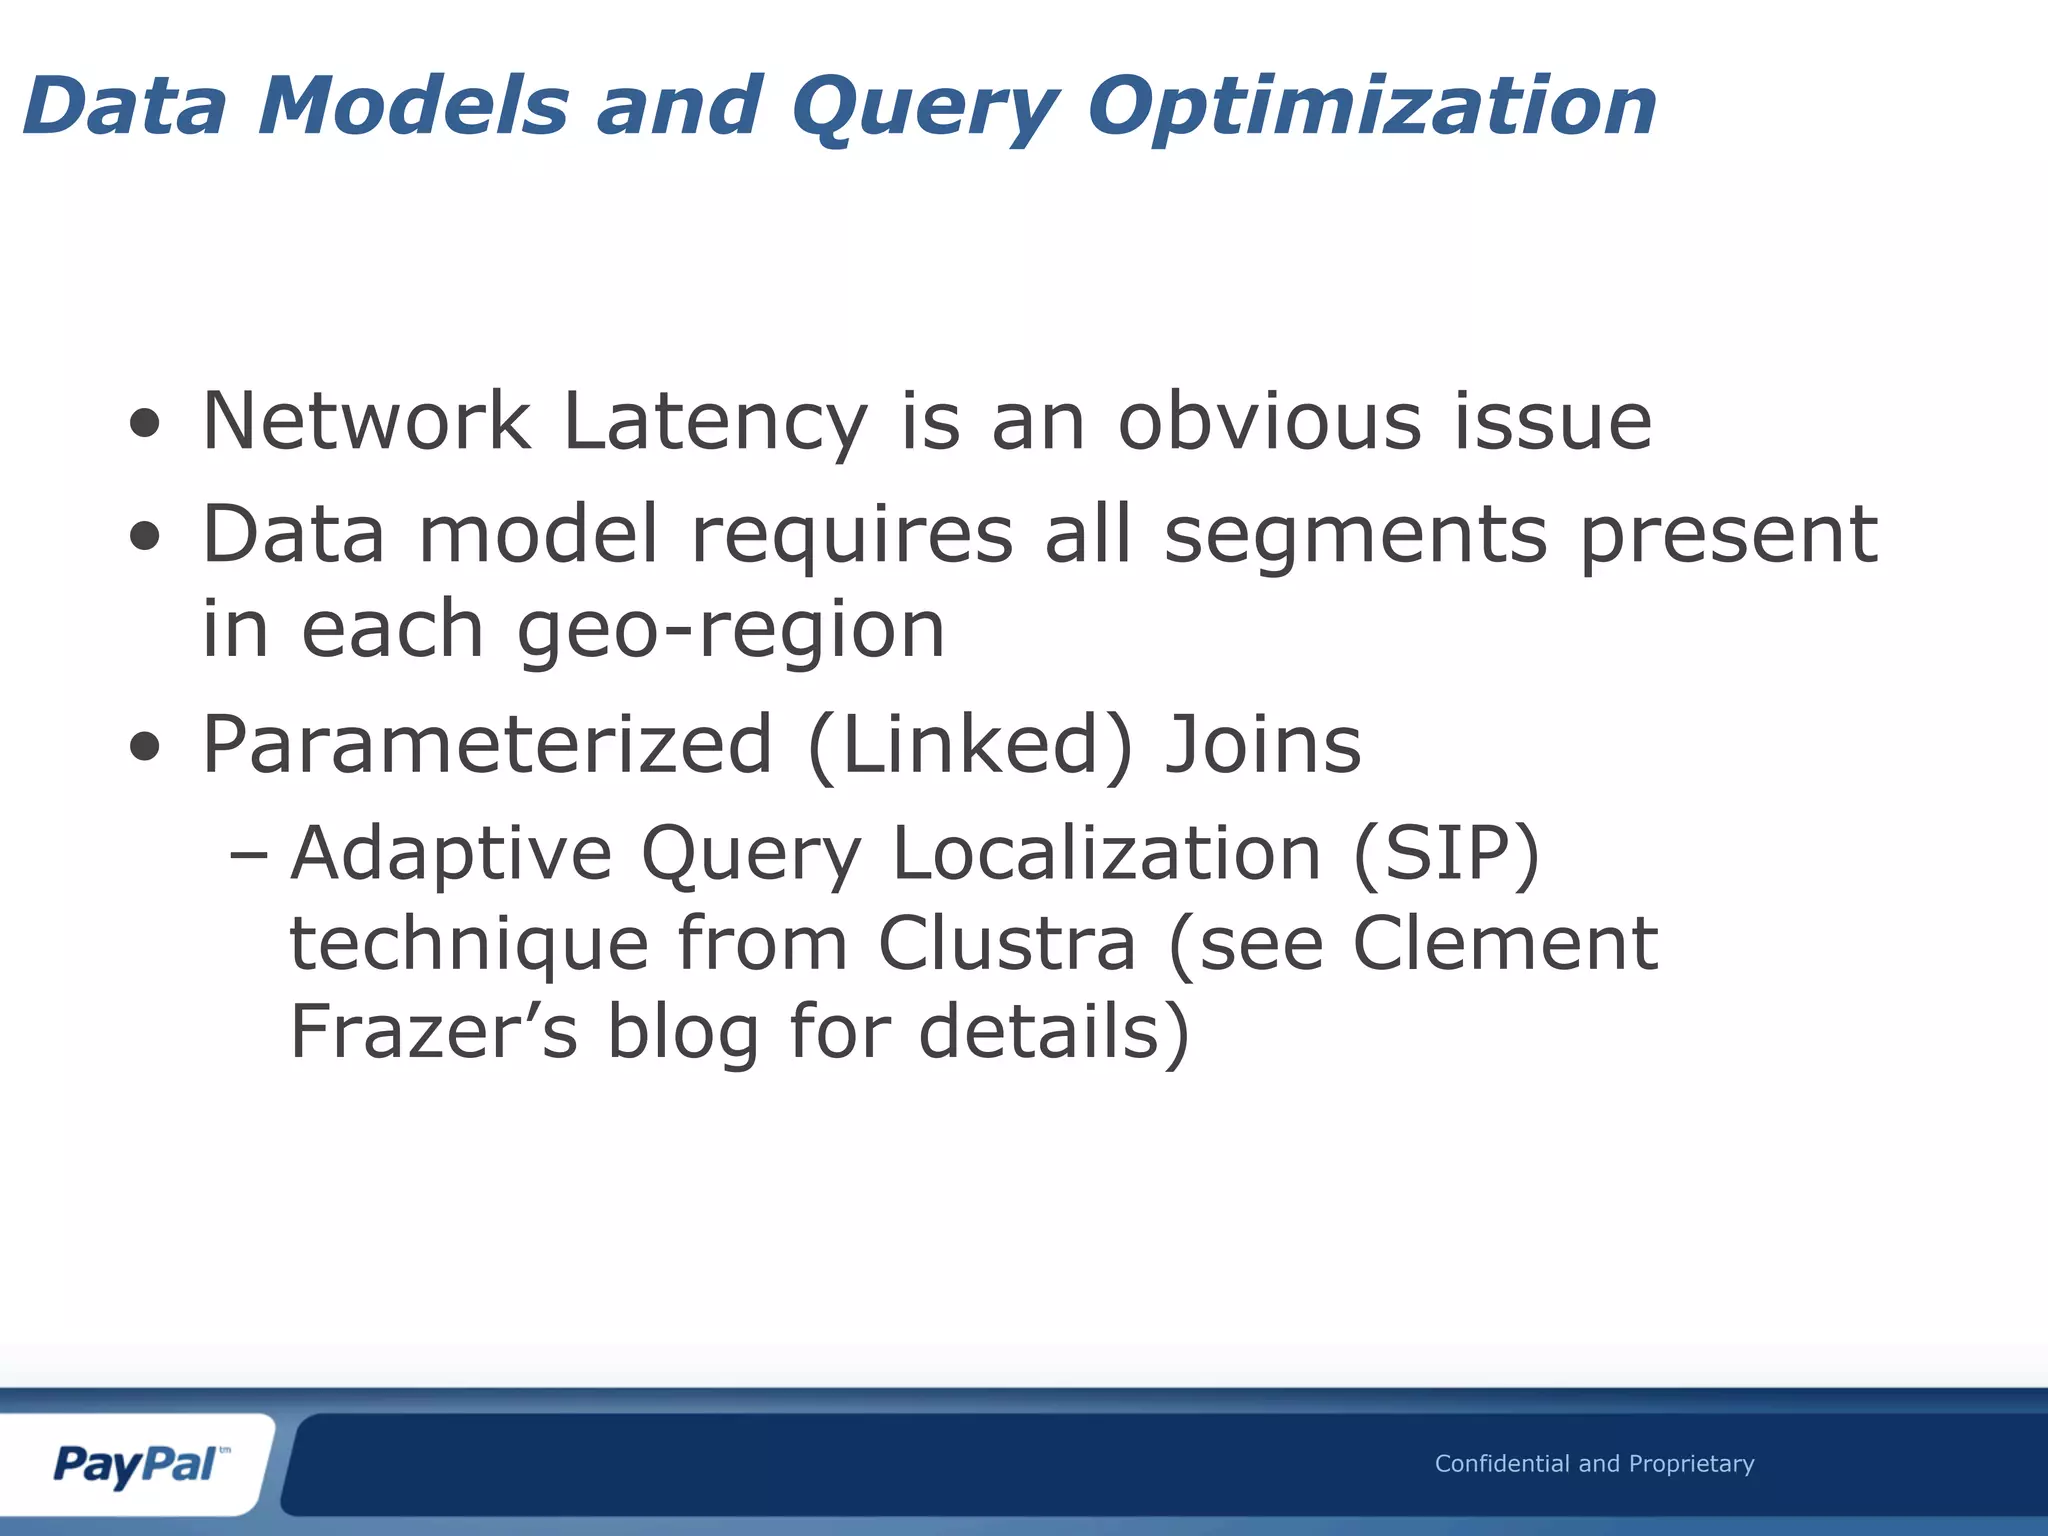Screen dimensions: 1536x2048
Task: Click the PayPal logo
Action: tap(137, 1465)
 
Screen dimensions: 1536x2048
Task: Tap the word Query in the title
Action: tap(924, 108)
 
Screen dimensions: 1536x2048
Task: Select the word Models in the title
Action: tap(413, 106)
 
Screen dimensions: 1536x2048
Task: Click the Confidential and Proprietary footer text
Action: tap(1594, 1464)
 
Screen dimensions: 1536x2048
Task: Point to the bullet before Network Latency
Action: tap(145, 423)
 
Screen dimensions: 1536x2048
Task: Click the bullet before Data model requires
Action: tap(145, 536)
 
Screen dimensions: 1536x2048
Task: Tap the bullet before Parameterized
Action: tap(145, 746)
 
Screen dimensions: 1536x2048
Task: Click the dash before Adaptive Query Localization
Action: tap(248, 856)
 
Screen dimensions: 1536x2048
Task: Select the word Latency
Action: tap(715, 422)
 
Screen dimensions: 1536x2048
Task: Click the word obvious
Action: tap(1269, 420)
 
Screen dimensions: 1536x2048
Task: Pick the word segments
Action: tap(1356, 536)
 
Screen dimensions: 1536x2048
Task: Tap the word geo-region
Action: tap(731, 631)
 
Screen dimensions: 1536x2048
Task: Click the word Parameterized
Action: tap(488, 745)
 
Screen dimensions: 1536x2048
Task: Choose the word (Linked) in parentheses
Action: tap(970, 745)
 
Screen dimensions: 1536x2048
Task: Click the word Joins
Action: tap(1263, 745)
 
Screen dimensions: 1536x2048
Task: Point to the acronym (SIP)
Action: tap(1446, 855)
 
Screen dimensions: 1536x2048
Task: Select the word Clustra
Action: tap(1007, 944)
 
